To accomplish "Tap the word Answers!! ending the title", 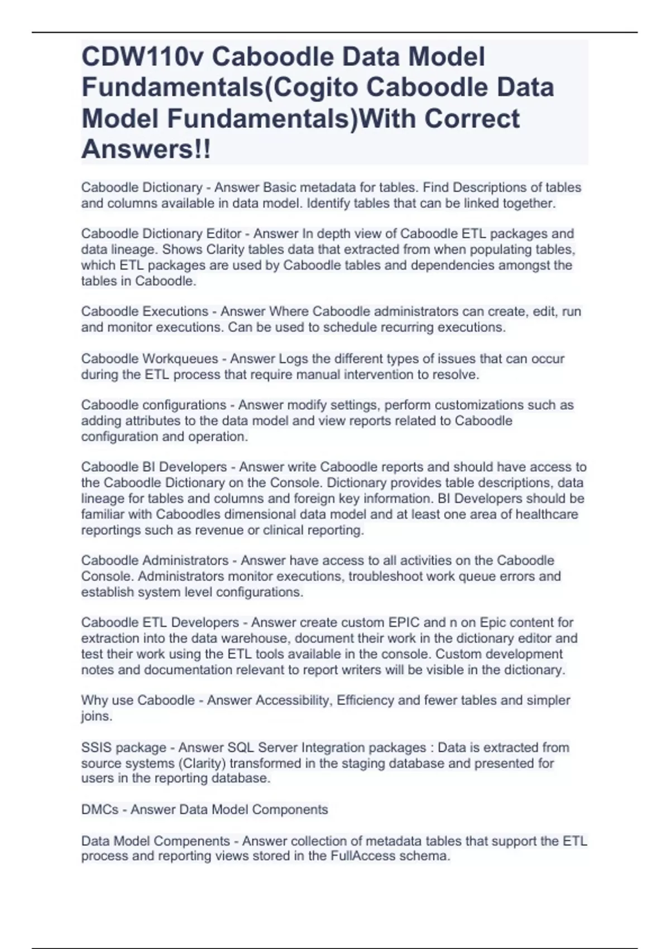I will pos(146,150).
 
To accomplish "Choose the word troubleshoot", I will pos(386,576).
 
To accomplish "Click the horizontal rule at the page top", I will pos(335,32).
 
